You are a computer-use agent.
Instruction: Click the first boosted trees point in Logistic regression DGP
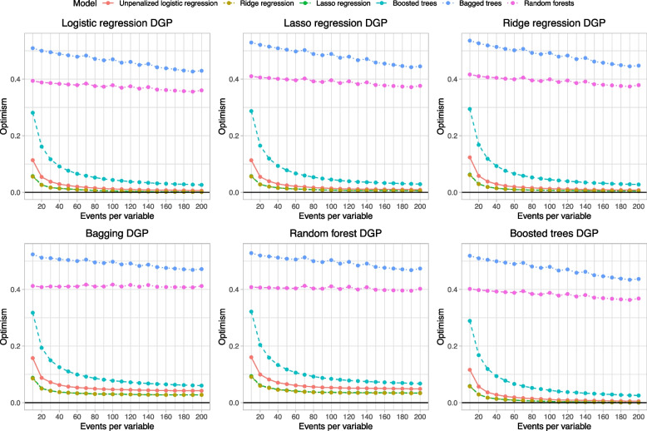(x=32, y=112)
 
